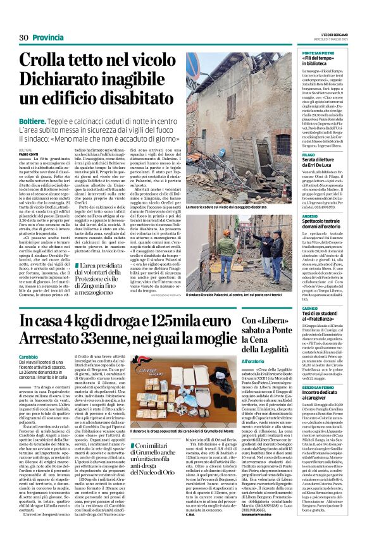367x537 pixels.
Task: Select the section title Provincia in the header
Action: [49, 37]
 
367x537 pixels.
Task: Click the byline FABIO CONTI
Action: [28, 154]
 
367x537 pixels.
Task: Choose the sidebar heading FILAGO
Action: [311, 154]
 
